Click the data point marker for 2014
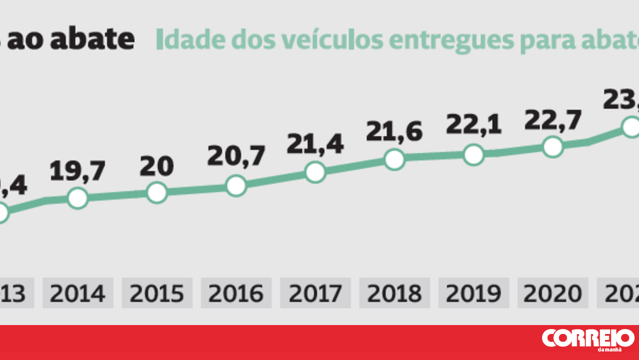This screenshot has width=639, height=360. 78,198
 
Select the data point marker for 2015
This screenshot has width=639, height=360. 157,192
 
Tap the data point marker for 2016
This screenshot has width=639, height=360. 236,186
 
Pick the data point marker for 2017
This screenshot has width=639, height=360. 315,172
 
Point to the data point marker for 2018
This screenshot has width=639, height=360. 394,159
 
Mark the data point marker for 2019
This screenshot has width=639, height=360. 473,155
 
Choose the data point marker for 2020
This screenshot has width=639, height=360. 553,147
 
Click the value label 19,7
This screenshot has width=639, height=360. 78,172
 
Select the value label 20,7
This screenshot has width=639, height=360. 236,157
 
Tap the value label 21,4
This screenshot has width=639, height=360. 315,144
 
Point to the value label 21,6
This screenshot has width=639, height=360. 394,131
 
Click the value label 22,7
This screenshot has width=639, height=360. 553,120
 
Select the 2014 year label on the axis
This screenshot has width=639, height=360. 78,294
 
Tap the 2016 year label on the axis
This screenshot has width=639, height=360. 236,294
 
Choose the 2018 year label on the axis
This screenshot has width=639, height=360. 394,294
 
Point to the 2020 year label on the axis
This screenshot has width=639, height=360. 553,294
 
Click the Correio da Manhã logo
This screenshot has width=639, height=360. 588,339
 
